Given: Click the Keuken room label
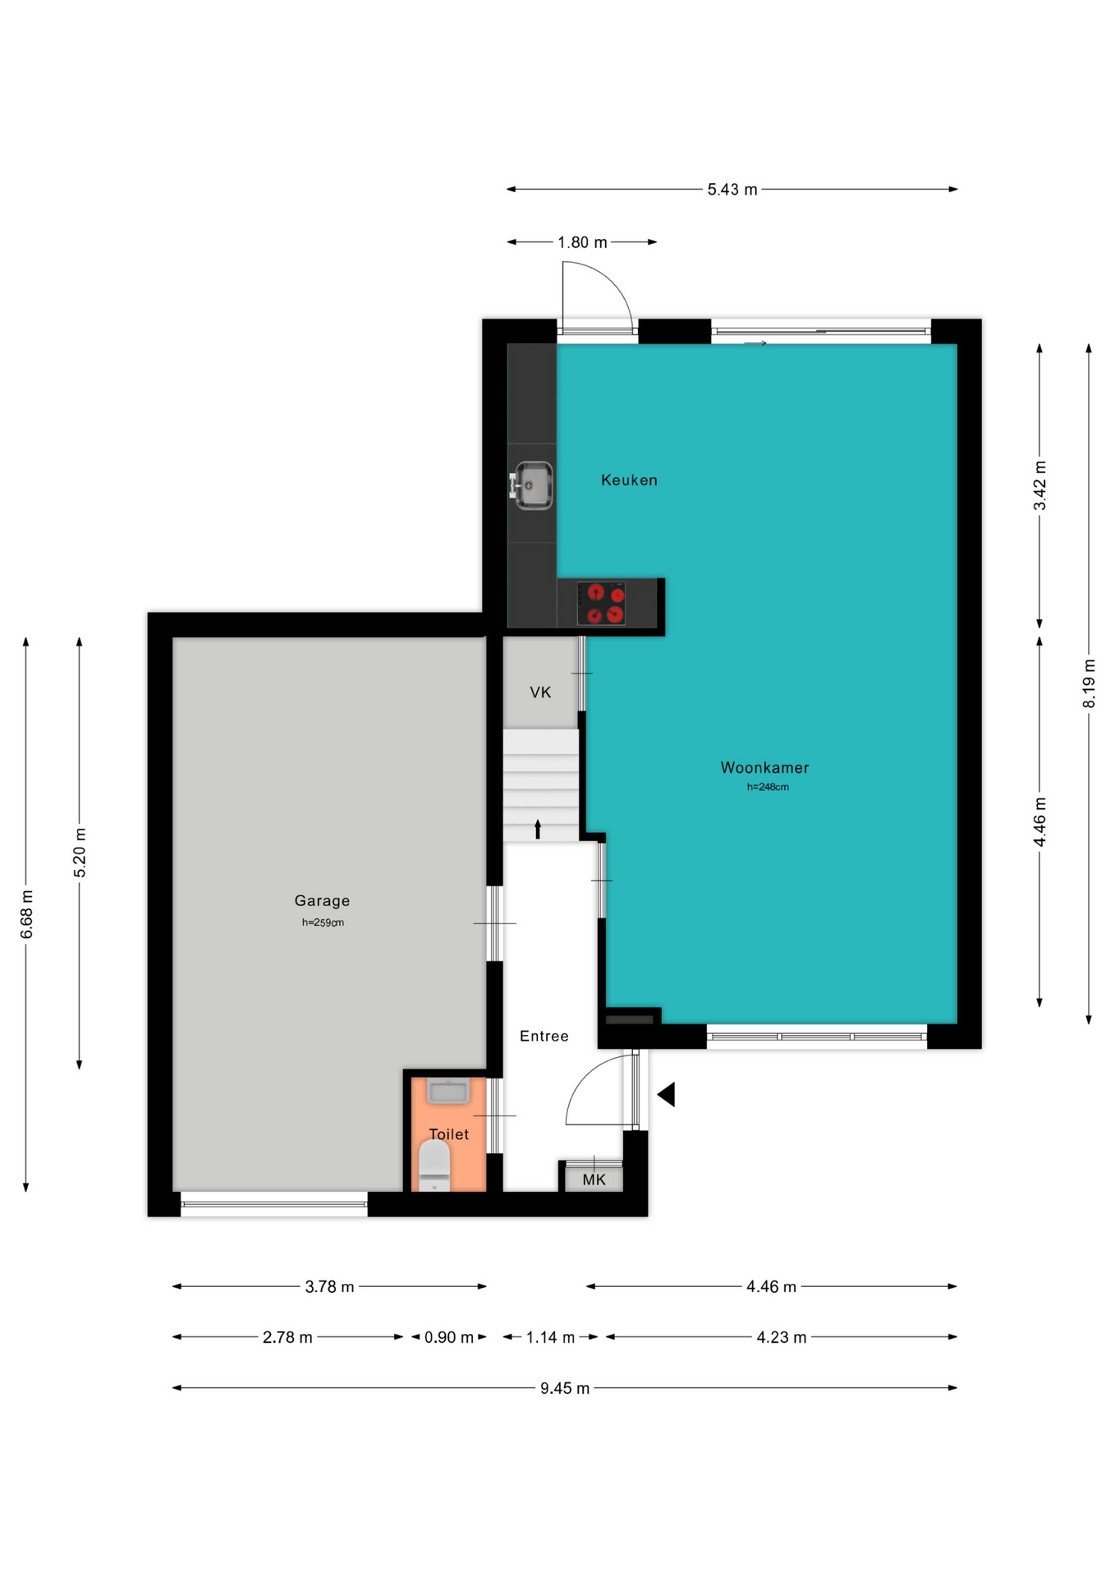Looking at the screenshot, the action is click(x=629, y=480).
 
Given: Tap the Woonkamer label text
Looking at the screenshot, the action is click(x=764, y=768).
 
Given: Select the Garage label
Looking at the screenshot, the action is click(x=322, y=901).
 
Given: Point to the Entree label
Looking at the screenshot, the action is click(x=544, y=1037).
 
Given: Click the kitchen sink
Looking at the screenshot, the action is click(x=532, y=485).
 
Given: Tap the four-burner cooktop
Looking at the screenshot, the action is click(x=601, y=604).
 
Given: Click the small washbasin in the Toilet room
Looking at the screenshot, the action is click(x=448, y=1092).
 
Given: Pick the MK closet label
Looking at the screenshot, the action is click(x=594, y=1180).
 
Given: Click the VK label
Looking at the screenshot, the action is click(x=540, y=692).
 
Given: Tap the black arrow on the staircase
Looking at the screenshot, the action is click(x=538, y=829).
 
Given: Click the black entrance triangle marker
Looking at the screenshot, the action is click(x=666, y=1094).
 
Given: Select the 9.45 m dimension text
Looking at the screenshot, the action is click(x=565, y=1388).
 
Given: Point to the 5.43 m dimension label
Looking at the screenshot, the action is click(x=732, y=190).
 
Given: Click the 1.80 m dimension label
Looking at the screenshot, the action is click(x=582, y=242).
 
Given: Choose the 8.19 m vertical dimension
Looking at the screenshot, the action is click(x=1089, y=683).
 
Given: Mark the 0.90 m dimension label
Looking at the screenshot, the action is click(x=449, y=1337).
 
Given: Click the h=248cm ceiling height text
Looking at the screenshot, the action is click(x=768, y=787).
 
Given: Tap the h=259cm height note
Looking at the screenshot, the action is click(x=323, y=922).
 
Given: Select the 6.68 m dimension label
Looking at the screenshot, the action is click(x=26, y=914).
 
